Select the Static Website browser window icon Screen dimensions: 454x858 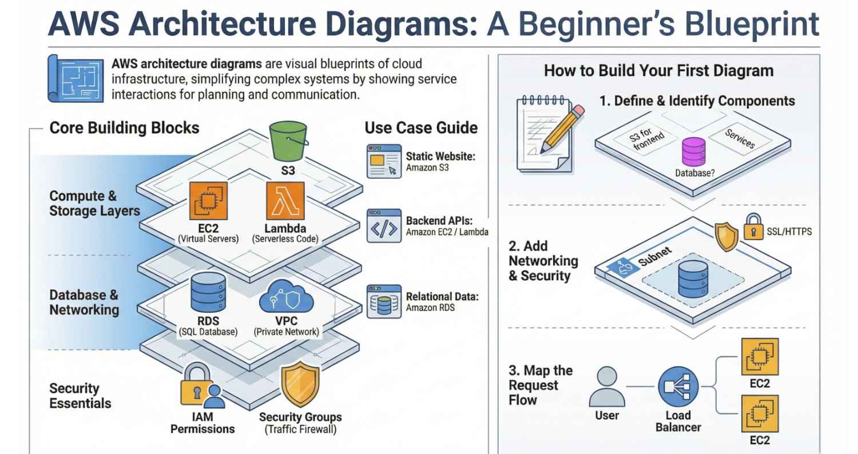pyautogui.click(x=383, y=162)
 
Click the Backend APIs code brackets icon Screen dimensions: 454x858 pyautogui.click(x=383, y=226)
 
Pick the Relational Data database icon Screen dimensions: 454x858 pyautogui.click(x=383, y=301)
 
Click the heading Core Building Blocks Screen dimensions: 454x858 pyautogui.click(x=124, y=128)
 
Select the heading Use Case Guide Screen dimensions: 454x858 pyautogui.click(x=421, y=128)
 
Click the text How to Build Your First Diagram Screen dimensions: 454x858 pyautogui.click(x=658, y=71)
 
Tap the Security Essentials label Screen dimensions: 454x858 pyautogui.click(x=80, y=396)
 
